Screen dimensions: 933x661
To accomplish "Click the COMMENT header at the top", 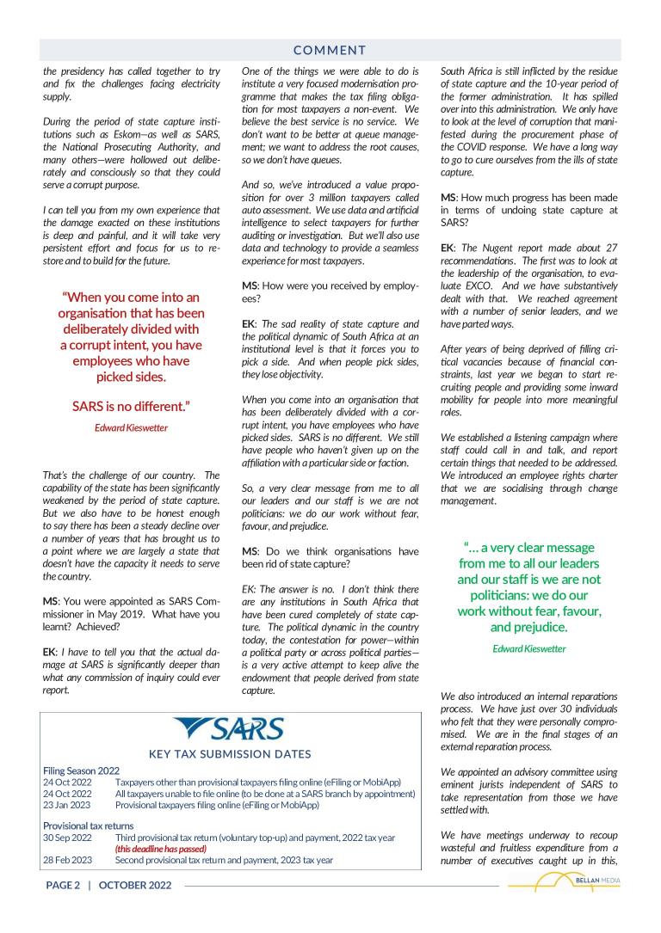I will coord(330,51).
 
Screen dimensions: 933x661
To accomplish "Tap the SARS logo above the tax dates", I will coord(229,730).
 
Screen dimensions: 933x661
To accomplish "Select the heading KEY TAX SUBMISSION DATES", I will coord(230,754).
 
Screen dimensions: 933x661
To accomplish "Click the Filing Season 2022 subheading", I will coord(81,770).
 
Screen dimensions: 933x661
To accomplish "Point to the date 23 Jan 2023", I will coord(67,805).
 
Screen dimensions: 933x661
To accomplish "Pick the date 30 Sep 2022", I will coord(67,838).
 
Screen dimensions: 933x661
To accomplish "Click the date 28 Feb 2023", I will coord(67,860).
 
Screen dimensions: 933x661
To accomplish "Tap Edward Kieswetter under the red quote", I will coord(131,427).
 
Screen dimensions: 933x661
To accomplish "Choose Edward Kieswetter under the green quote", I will coord(529,648).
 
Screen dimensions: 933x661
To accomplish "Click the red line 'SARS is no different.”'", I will coord(131,405).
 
